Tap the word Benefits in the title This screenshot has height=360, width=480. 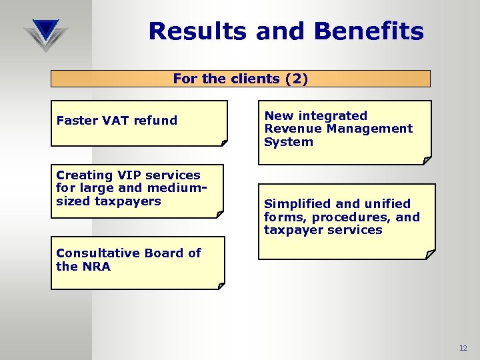pos(363,31)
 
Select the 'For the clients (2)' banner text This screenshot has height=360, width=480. pos(240,79)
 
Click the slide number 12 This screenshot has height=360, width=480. pos(463,349)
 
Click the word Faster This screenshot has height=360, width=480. pos(77,121)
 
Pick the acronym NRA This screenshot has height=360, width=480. pos(97,267)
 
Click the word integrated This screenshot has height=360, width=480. pos(331,116)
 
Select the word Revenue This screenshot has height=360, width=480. pos(291,129)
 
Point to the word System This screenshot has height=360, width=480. pos(288,142)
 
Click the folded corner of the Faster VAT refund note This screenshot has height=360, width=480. pos(224,142)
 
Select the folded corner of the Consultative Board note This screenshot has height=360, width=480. pos(221,285)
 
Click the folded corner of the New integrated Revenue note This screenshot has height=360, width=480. pos(427,160)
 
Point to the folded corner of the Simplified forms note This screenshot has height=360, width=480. pos(431,254)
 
